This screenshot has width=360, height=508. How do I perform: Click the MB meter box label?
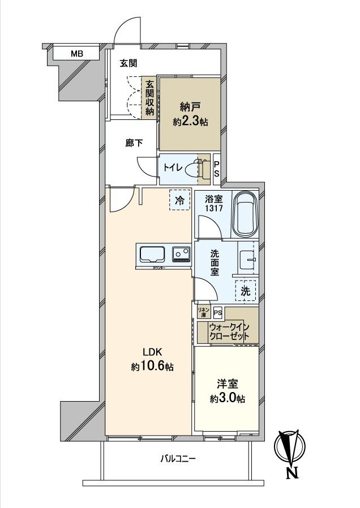point(77,54)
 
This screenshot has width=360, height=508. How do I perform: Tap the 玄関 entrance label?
point(128,63)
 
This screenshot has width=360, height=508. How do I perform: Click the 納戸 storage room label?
point(189,113)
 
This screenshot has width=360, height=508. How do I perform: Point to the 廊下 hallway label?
point(134,143)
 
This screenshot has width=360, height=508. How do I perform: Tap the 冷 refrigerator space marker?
point(180,200)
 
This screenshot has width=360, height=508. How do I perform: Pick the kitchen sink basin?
point(151,255)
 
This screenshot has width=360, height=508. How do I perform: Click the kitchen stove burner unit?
point(181,254)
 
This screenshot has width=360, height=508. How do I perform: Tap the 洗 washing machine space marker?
point(246,291)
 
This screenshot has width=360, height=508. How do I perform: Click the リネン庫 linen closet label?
point(203,312)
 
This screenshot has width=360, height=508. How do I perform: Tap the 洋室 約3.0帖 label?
point(227,391)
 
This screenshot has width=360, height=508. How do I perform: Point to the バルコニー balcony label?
point(177,459)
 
